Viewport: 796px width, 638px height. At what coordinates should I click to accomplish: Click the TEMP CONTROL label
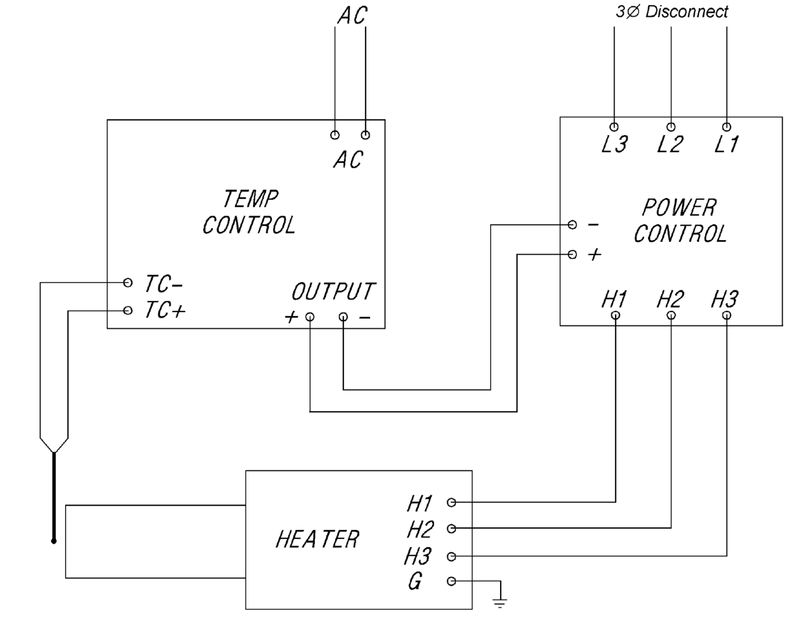coord(249,212)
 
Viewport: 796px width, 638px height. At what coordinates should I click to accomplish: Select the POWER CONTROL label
coord(680,221)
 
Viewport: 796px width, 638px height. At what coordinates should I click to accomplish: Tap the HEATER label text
coord(317,539)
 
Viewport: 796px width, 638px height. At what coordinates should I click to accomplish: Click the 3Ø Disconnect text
coord(672,12)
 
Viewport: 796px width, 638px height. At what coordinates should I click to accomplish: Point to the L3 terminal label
coord(614,144)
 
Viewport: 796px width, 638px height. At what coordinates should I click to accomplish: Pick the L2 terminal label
coord(670,144)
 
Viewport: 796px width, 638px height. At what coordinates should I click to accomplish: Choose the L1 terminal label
coord(726,144)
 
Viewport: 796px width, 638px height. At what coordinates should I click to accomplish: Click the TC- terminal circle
coord(128,283)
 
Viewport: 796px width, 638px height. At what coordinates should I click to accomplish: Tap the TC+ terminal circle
coord(128,310)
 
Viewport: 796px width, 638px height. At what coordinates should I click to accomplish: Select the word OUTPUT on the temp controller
coord(333,291)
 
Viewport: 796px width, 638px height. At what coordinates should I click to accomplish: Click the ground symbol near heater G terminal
coord(500,601)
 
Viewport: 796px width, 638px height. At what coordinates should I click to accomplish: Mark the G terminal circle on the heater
coord(451,581)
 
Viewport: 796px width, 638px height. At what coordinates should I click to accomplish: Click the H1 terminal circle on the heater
coord(451,502)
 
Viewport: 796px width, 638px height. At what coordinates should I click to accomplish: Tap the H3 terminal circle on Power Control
coord(727,315)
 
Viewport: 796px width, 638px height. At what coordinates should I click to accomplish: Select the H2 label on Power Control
coord(670,300)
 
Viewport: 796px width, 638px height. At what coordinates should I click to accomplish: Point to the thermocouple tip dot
coord(54,541)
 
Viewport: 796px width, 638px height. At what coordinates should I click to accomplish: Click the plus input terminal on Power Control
coord(573,254)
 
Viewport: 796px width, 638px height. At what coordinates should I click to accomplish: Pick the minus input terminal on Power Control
coord(573,224)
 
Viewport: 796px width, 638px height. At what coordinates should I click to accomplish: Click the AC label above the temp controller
coord(352,16)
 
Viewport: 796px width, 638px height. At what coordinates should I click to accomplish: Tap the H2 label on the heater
coord(420,529)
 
